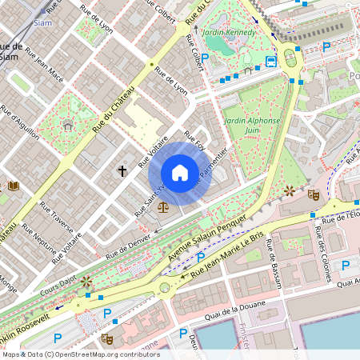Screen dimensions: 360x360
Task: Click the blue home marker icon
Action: (180, 173)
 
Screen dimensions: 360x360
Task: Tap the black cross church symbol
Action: (122, 170)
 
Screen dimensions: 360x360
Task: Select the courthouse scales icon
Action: (163, 206)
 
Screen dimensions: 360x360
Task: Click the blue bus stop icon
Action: (271, 61)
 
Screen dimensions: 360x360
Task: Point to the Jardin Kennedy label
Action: (230, 32)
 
